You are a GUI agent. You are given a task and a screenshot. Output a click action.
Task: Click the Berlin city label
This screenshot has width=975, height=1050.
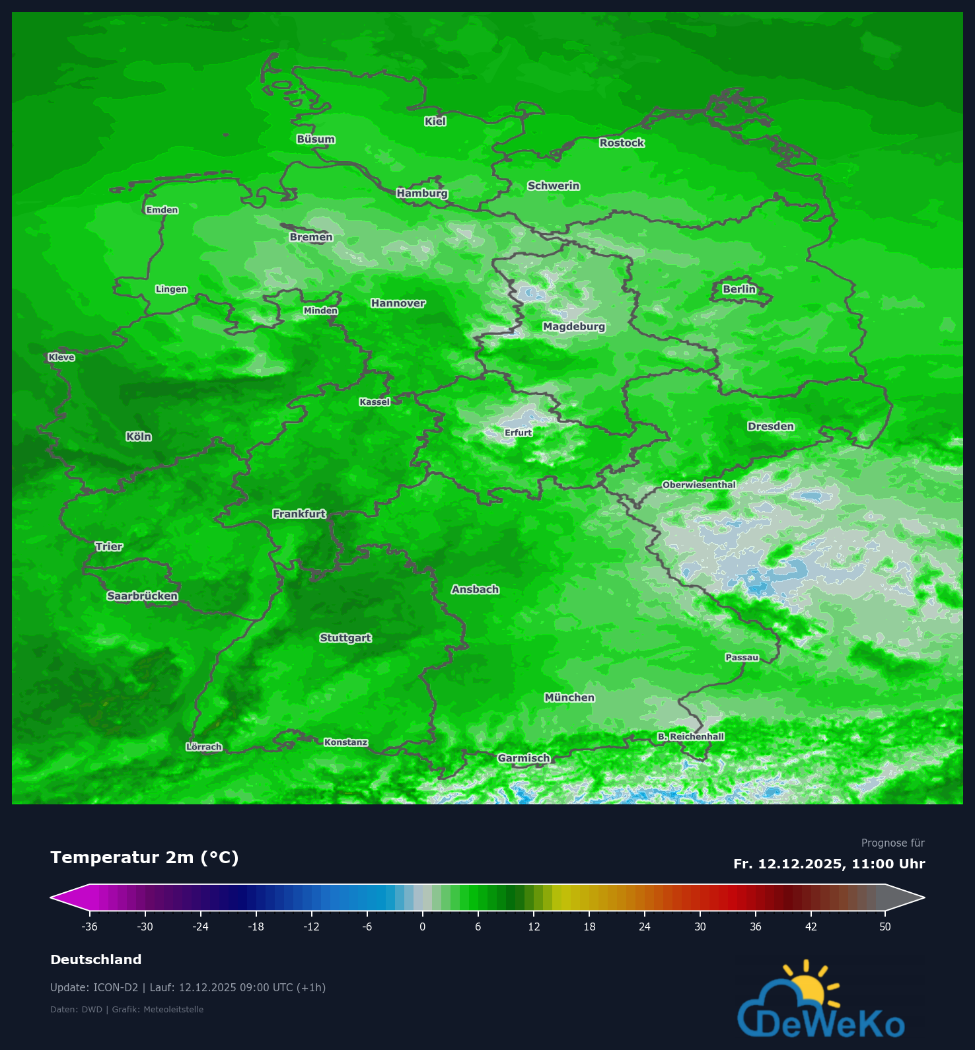click(x=739, y=289)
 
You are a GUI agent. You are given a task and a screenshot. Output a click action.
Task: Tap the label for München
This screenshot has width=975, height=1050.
click(x=569, y=697)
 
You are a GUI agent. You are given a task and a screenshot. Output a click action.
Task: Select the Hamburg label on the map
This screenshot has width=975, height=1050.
click(x=422, y=193)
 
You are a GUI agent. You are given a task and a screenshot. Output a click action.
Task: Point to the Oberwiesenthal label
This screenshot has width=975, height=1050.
click(x=699, y=485)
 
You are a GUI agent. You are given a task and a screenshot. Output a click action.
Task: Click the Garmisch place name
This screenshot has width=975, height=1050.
click(x=524, y=758)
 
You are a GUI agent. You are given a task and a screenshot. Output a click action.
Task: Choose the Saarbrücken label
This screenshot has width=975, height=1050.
click(x=143, y=596)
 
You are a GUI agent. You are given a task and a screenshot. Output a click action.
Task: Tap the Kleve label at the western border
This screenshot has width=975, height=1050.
click(x=61, y=357)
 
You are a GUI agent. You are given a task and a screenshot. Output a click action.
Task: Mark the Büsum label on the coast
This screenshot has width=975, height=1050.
click(x=316, y=139)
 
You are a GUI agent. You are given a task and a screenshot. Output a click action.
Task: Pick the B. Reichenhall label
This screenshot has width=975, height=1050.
click(x=691, y=736)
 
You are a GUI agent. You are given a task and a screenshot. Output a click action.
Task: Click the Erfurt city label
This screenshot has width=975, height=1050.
click(x=518, y=433)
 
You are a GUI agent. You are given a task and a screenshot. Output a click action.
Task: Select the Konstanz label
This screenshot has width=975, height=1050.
click(x=345, y=742)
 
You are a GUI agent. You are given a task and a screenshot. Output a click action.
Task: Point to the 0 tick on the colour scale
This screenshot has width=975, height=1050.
click(x=423, y=927)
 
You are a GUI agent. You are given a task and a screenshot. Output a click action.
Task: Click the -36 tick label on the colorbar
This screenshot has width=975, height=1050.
click(x=89, y=927)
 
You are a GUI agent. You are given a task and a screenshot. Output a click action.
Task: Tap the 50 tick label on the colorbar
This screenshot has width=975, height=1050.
click(x=885, y=927)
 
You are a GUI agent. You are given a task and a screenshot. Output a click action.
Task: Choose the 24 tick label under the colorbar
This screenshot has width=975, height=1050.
click(x=645, y=927)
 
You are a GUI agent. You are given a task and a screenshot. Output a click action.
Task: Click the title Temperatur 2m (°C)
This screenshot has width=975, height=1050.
click(x=145, y=857)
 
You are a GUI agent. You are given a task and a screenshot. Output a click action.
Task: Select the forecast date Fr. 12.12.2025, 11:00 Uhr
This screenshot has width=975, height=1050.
click(x=829, y=864)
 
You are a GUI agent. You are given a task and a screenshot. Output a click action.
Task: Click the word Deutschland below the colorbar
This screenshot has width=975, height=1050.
click(x=96, y=960)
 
